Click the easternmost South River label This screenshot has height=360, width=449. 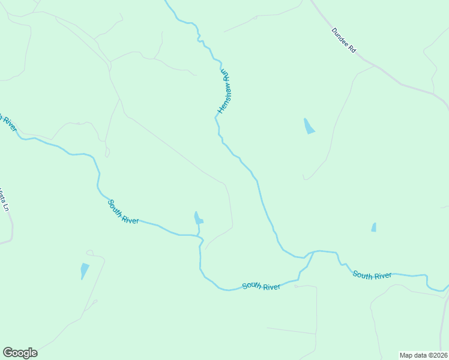(x=372, y=275)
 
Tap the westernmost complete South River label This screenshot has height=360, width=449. (x=123, y=212)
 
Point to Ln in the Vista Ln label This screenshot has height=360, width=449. (x=7, y=207)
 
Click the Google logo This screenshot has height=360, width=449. (x=20, y=353)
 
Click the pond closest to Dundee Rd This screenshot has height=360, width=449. (x=309, y=126)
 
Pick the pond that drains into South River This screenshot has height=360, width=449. (x=198, y=218)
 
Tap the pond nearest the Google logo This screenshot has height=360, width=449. (x=85, y=271)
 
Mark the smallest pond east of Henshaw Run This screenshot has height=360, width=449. (x=374, y=227)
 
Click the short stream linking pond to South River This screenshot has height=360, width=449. (x=199, y=230)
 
